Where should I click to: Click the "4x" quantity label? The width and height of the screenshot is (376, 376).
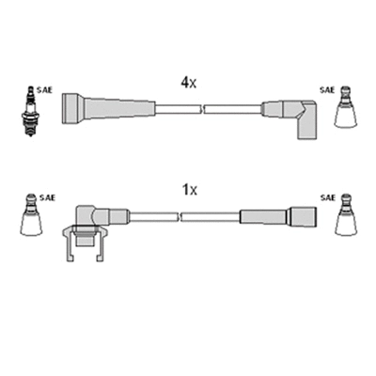pyautogui.click(x=188, y=83)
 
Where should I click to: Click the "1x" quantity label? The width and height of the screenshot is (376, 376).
pyautogui.click(x=189, y=190)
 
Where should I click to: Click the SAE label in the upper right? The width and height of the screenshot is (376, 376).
pyautogui.click(x=326, y=90)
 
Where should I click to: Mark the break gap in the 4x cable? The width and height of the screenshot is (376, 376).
pyautogui.click(x=201, y=109)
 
